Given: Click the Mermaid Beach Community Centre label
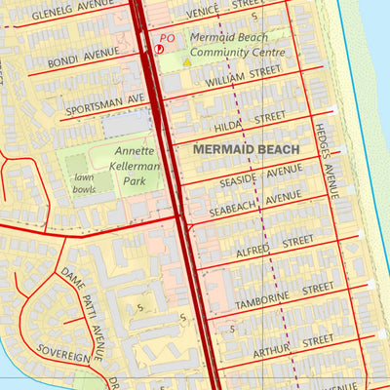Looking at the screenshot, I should (238, 46).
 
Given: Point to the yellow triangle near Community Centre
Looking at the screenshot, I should (187, 62).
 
